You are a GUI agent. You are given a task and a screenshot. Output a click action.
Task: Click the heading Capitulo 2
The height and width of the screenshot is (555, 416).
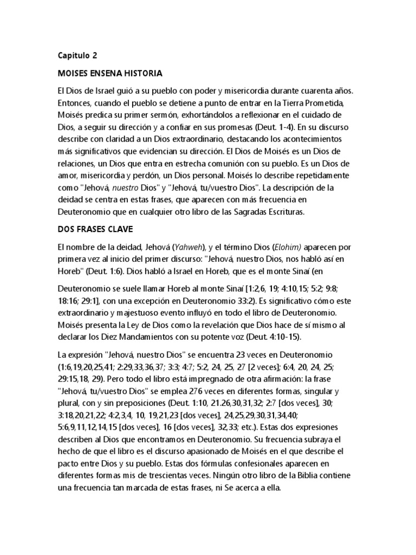(x=77, y=55)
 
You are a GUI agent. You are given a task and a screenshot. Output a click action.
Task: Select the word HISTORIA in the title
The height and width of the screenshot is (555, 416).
(x=142, y=72)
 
